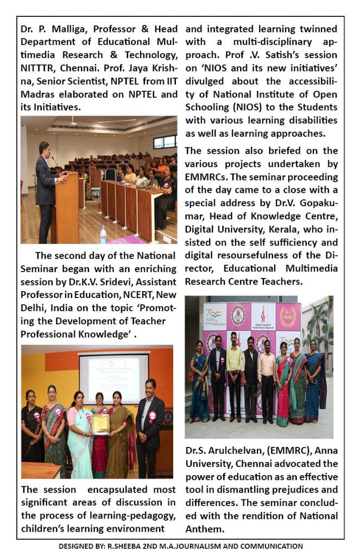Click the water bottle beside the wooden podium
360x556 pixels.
[x=103, y=235]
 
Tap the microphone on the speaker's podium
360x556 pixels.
[x=54, y=162]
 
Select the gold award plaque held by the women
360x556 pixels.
[x=100, y=424]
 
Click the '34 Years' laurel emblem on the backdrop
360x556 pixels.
[x=288, y=317]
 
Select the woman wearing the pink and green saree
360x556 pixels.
[x=283, y=386]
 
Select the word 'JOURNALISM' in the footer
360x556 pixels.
[x=212, y=546]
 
